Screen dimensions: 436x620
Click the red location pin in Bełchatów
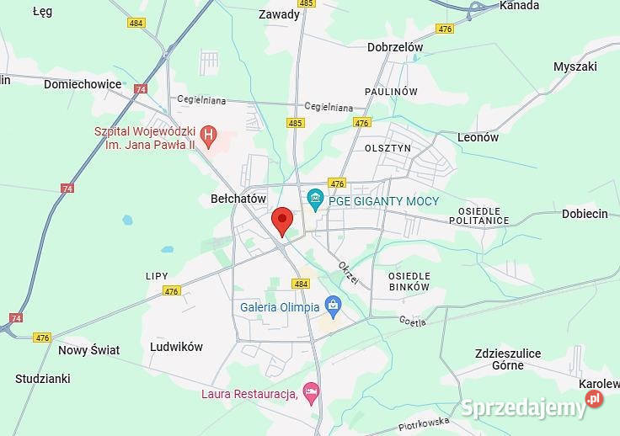[282, 220]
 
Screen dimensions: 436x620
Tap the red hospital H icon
[209, 135]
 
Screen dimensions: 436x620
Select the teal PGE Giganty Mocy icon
[316, 199]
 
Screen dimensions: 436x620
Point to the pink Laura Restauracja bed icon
[312, 391]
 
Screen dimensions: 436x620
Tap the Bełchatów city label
[238, 199]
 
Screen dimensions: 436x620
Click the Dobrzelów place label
[395, 48]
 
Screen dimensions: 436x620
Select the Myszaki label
[575, 66]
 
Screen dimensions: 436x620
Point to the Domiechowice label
[83, 84]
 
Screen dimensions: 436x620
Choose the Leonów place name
[478, 137]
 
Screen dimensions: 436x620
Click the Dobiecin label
[585, 214]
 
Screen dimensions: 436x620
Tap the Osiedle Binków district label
[409, 281]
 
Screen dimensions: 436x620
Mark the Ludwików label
[176, 347]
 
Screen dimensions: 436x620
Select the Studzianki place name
[42, 379]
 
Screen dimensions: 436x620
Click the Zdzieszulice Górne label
[508, 359]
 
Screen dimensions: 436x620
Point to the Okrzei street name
[348, 273]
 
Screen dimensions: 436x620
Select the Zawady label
[279, 14]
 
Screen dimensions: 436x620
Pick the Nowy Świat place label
[88, 350]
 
